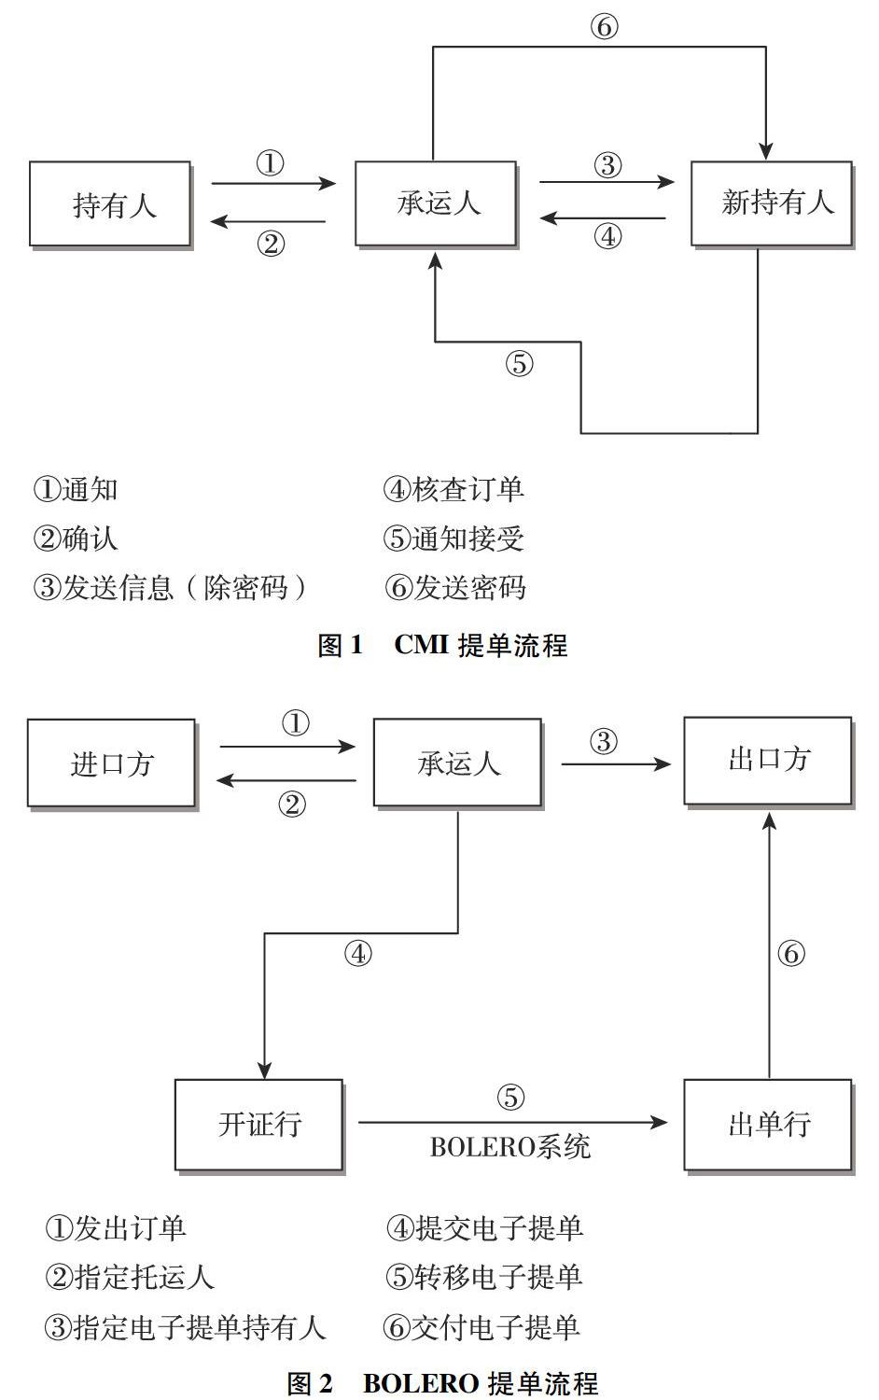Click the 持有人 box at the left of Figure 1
click(x=110, y=204)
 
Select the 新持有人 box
click(x=771, y=203)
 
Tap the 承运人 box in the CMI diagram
click(x=436, y=203)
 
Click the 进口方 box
click(x=111, y=763)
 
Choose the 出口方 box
click(x=767, y=761)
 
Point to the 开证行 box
click(x=258, y=1125)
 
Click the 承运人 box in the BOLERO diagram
click(x=457, y=763)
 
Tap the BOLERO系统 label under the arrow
click(x=509, y=1147)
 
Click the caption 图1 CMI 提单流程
click(x=442, y=645)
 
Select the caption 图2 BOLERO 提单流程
click(x=442, y=1383)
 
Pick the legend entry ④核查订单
click(x=453, y=490)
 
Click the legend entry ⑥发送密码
click(x=455, y=587)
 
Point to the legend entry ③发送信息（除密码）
click(x=170, y=587)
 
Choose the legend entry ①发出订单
click(x=116, y=1228)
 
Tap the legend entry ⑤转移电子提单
click(x=483, y=1277)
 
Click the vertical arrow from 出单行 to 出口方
click(x=768, y=943)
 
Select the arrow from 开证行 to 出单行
click(x=511, y=1123)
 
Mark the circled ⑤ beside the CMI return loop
click(x=519, y=363)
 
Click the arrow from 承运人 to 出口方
click(x=615, y=764)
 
